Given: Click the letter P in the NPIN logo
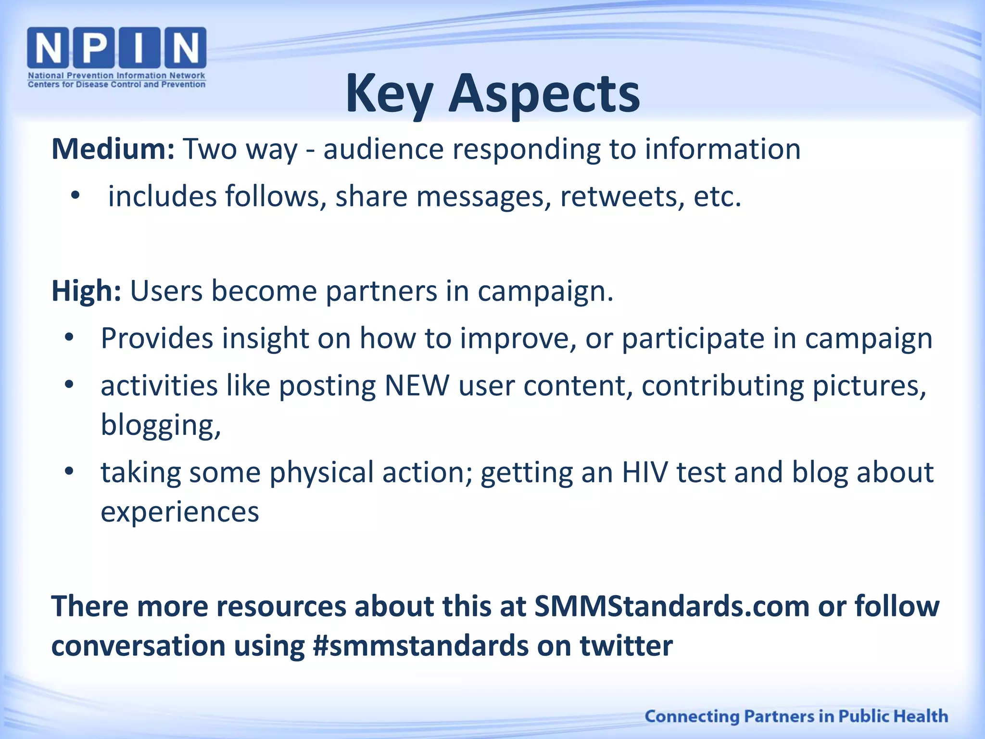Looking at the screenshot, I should [95, 47].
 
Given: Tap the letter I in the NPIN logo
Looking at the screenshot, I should [139, 47].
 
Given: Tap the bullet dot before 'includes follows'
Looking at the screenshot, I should [75, 196].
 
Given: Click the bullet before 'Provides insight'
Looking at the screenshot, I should [69, 338].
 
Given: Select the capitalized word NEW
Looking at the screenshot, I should [417, 385].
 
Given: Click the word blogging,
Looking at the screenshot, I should [161, 425].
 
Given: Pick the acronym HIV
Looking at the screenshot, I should [645, 472].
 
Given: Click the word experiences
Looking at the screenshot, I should [179, 511].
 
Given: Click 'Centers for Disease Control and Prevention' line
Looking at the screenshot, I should [116, 85].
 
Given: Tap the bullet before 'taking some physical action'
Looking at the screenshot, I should [69, 471].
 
